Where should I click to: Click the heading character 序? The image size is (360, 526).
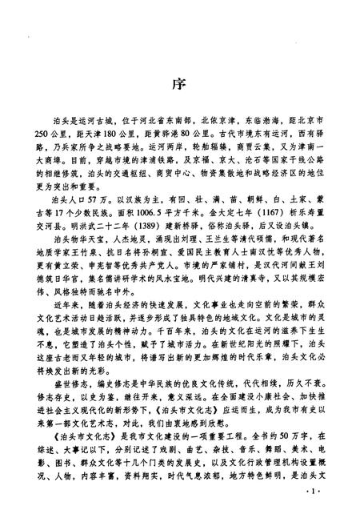pyautogui.click(x=179, y=84)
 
